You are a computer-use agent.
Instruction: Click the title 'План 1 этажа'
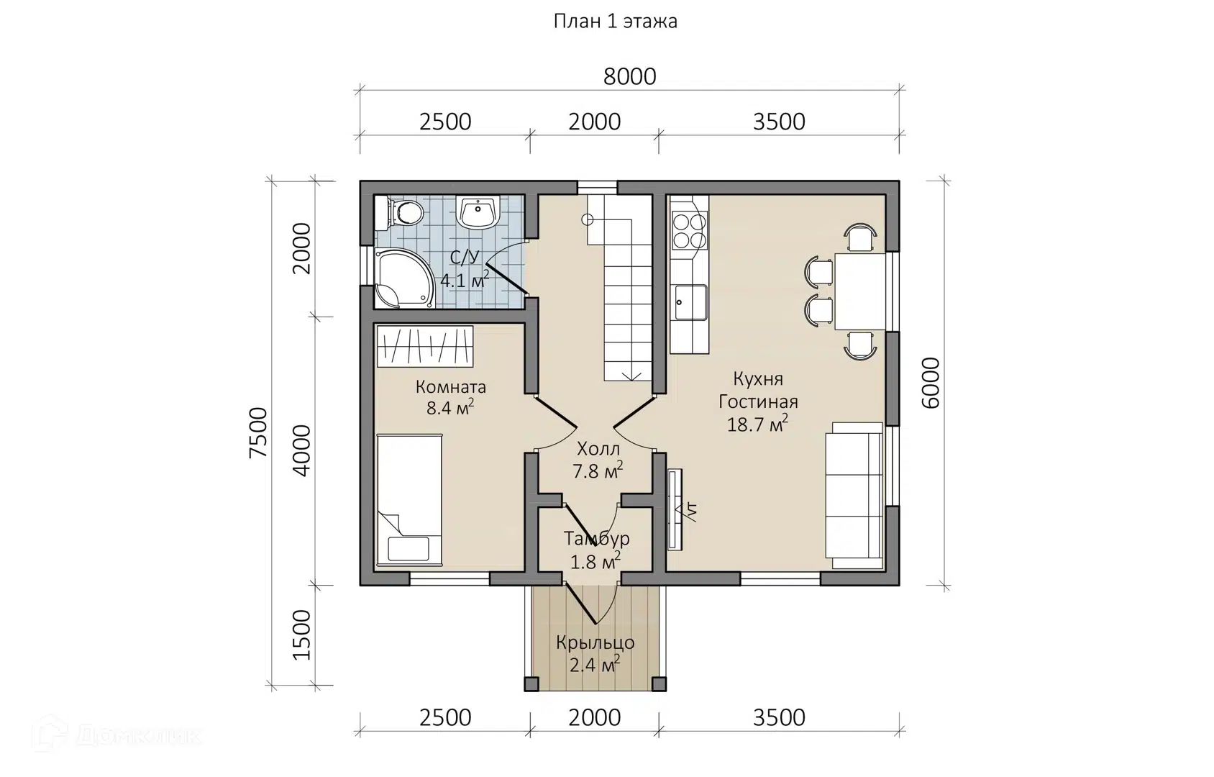click(x=615, y=22)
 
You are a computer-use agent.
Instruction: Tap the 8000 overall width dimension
click(x=630, y=77)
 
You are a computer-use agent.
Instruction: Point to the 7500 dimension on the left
click(x=258, y=432)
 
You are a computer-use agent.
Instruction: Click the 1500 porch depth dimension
click(x=302, y=635)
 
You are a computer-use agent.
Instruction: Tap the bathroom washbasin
click(x=478, y=212)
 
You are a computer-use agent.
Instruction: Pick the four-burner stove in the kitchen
click(x=690, y=230)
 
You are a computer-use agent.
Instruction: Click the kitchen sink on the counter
click(x=690, y=302)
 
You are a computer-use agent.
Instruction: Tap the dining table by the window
click(x=860, y=291)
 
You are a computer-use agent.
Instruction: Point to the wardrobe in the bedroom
click(x=424, y=346)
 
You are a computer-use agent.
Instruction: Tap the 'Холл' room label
click(x=598, y=449)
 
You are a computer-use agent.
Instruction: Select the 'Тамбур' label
click(x=596, y=538)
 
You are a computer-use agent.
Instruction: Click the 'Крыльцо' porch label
click(x=595, y=642)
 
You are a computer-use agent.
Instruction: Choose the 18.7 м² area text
click(x=757, y=424)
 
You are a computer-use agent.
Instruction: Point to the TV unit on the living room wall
click(x=675, y=509)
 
